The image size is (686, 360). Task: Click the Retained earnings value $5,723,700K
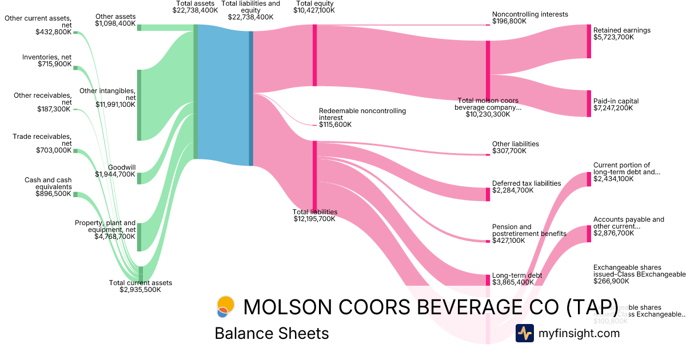pyautogui.click(x=613, y=37)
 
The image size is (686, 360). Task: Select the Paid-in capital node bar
pyautogui.click(x=589, y=103)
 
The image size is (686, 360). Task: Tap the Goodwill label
pyautogui.click(x=121, y=167)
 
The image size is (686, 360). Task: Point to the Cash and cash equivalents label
pyautogui.click(x=48, y=183)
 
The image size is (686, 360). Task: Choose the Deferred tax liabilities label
pyautogui.click(x=527, y=183)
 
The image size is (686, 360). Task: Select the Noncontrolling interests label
pyautogui.click(x=530, y=14)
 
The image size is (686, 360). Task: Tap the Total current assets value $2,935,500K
pyautogui.click(x=140, y=290)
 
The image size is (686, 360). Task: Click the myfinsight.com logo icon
pyautogui.click(x=524, y=333)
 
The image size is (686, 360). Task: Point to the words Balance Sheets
pyautogui.click(x=272, y=333)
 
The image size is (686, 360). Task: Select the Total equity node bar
pyautogui.click(x=314, y=55)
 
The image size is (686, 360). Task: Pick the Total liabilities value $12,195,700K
pyautogui.click(x=314, y=218)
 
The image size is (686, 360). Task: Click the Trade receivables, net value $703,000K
pyautogui.click(x=54, y=150)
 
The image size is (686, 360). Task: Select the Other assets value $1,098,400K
pyautogui.click(x=115, y=24)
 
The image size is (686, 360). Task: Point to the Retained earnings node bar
pyautogui.click(x=589, y=41)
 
